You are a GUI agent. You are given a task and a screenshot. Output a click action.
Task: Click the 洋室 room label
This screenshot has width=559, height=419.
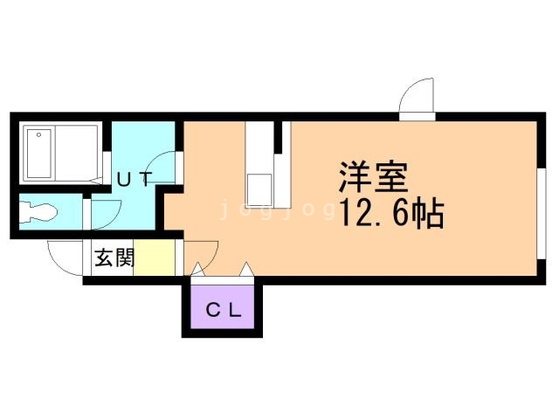(x=374, y=177)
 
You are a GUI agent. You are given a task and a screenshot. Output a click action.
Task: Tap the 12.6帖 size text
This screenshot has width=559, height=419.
(x=392, y=213)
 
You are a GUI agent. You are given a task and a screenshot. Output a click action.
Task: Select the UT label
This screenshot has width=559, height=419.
(x=135, y=179)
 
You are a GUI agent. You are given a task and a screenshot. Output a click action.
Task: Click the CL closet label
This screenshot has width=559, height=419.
(x=224, y=310)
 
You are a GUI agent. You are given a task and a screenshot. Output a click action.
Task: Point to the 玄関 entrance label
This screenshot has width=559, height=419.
(x=114, y=258)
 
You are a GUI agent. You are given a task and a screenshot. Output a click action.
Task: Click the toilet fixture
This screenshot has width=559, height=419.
(x=38, y=212)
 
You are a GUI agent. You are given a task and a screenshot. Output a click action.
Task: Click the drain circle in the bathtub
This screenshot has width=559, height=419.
(x=38, y=134)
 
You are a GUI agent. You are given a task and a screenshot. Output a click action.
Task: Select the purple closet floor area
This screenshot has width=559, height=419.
(x=223, y=306)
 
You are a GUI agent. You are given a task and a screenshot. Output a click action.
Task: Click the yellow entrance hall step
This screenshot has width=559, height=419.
(x=155, y=258)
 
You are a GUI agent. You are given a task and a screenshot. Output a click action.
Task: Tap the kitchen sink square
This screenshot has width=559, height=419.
(x=259, y=190)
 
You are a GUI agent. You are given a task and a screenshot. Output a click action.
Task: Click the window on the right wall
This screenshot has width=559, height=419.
(x=542, y=213)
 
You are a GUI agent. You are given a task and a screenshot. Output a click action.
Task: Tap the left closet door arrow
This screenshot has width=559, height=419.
(x=197, y=269)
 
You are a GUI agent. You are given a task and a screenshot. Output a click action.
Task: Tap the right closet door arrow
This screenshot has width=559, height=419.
(x=246, y=269)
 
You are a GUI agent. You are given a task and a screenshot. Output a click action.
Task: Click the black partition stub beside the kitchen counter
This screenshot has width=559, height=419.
(x=278, y=138)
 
